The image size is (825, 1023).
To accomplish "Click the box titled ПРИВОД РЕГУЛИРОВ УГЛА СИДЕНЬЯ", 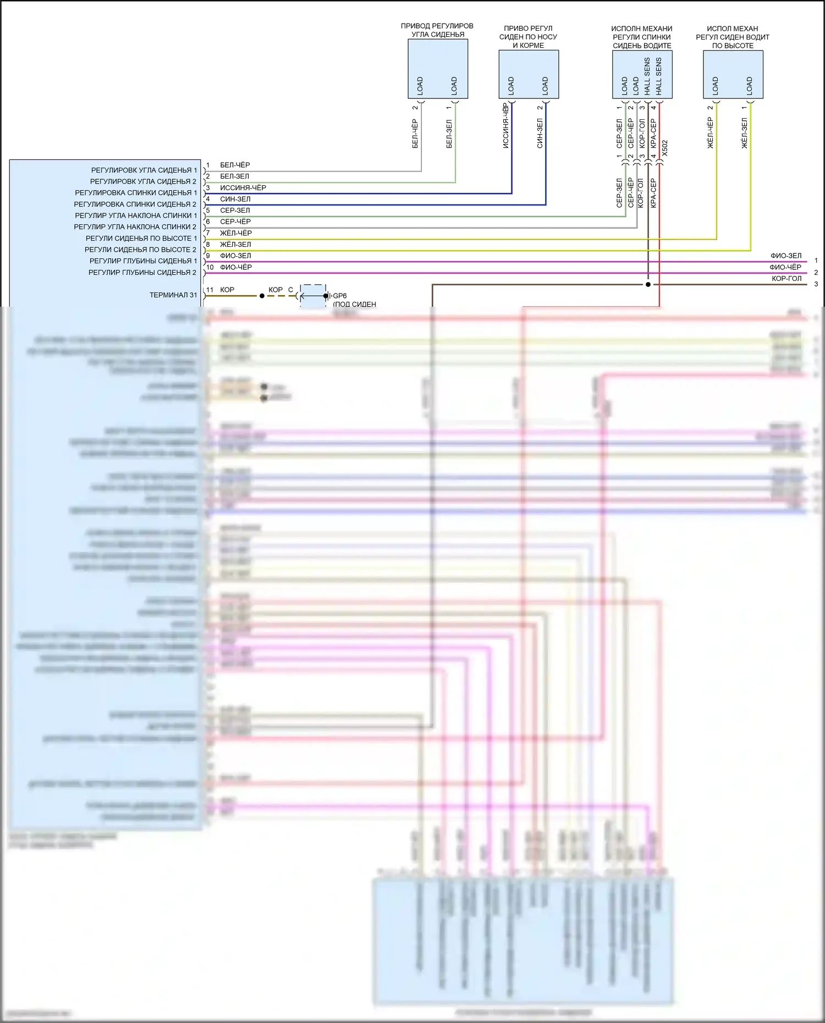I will (x=438, y=69).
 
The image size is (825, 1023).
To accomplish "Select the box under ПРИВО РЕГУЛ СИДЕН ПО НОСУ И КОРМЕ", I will (x=529, y=74).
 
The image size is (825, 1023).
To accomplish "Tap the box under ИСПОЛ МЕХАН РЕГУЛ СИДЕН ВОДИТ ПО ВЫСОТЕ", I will (x=733, y=74).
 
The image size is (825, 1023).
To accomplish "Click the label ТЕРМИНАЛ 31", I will (x=173, y=295).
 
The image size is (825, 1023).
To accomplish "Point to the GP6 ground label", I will (x=340, y=296).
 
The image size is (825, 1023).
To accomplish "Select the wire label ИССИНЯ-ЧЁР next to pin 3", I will (x=243, y=188).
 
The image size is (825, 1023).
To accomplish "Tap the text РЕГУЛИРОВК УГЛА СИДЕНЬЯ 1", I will (x=144, y=170).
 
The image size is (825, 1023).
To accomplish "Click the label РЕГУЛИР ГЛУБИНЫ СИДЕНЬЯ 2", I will (x=142, y=273).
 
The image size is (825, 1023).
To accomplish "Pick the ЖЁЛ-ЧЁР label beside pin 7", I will (x=235, y=233).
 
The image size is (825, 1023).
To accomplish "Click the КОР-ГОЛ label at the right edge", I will (x=787, y=279).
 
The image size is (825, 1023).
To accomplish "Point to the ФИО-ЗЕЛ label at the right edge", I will (x=786, y=256).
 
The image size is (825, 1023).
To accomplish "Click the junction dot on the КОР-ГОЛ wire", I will (x=648, y=284).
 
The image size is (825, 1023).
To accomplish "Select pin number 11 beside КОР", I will (x=210, y=290).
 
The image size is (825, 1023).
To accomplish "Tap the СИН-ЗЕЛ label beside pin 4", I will (x=235, y=199).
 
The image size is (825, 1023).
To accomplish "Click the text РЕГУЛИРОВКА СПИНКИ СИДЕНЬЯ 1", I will (x=136, y=193).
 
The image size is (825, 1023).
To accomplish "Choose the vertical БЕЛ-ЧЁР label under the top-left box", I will (x=415, y=134).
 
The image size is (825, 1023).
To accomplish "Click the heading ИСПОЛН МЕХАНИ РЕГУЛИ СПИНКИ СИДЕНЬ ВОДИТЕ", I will (x=642, y=37).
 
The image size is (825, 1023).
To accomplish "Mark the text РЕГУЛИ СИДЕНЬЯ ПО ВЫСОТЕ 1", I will (x=141, y=239).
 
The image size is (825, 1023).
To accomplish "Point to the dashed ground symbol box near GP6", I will (x=313, y=296).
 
